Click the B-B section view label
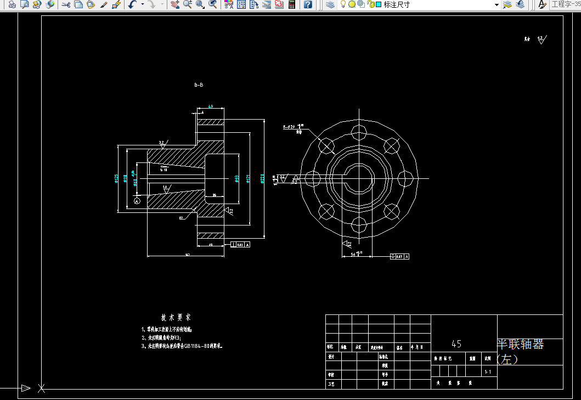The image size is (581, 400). click(199, 85)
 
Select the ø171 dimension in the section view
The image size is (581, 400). click(249, 178)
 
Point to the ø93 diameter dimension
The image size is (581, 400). click(237, 178)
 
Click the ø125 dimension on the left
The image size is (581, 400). click(116, 178)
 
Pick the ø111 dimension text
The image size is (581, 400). click(125, 178)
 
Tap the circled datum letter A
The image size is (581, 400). click(137, 201)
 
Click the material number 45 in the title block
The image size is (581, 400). click(456, 344)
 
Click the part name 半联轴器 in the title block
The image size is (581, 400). click(520, 345)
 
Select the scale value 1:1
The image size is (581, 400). click(488, 372)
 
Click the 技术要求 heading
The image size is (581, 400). click(176, 318)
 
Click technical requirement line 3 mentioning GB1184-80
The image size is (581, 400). click(184, 346)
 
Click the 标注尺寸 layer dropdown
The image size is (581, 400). click(442, 4)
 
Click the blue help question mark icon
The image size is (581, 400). click(308, 4)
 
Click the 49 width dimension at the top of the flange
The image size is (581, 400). click(211, 107)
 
